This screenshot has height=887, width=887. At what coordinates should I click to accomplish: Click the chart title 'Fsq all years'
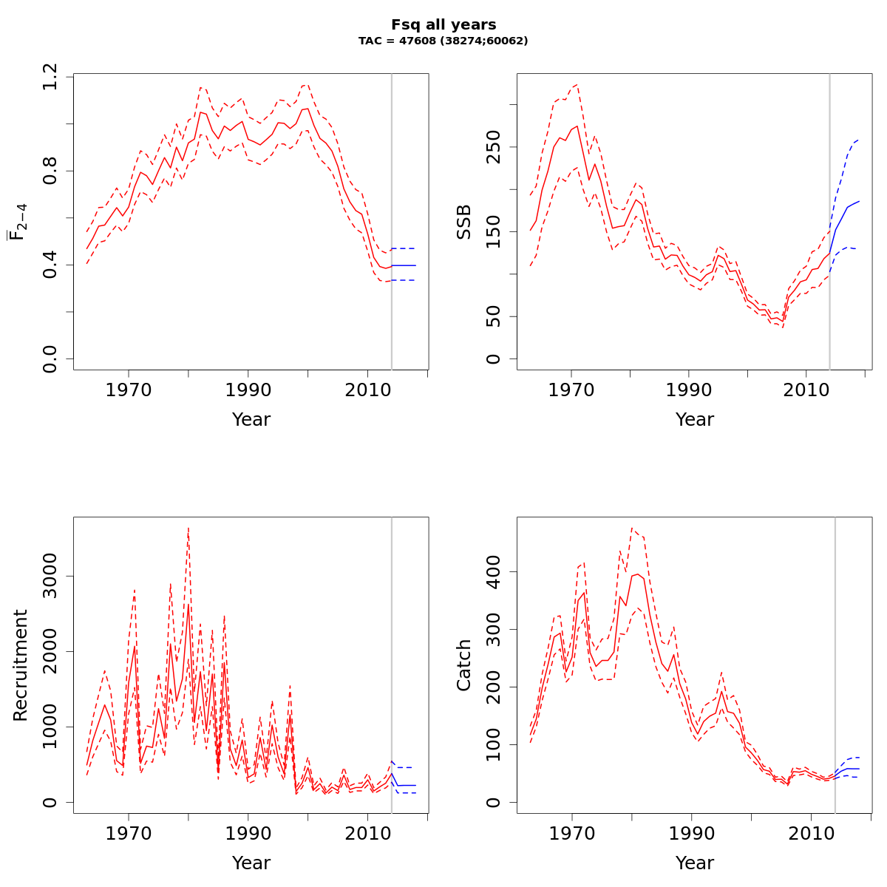click(443, 25)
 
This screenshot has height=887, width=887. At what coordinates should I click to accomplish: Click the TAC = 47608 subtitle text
click(443, 41)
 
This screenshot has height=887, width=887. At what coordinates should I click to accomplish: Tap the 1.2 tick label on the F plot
click(50, 77)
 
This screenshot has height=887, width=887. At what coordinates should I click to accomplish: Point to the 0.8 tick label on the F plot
click(50, 171)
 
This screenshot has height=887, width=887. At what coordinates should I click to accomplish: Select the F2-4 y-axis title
click(18, 221)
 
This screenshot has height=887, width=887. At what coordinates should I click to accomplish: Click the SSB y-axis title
click(464, 221)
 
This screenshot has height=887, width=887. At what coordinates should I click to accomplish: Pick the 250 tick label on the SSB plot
click(493, 146)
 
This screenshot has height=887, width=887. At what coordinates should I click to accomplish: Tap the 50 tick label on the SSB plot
click(493, 316)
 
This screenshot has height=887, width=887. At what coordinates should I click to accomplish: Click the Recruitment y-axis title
click(21, 665)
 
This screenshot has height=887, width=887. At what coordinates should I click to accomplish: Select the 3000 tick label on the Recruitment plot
click(50, 576)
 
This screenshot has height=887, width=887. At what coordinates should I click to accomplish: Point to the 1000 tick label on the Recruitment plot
click(50, 727)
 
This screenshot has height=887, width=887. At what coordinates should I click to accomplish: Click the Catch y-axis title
click(464, 665)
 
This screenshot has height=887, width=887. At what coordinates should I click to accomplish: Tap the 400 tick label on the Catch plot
click(493, 571)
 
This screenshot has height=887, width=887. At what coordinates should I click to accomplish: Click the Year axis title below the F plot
click(251, 420)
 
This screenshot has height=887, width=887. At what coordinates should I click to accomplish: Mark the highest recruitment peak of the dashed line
click(188, 528)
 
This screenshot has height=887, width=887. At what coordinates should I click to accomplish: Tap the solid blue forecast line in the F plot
click(404, 265)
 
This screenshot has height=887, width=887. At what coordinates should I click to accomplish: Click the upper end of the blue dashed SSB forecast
click(858, 140)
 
